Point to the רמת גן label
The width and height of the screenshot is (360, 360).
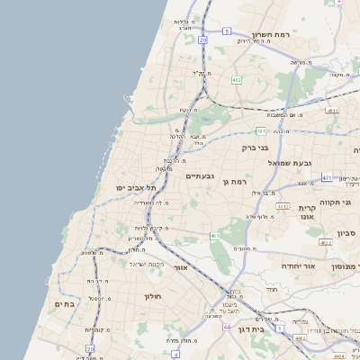pyautogui.click(x=234, y=182)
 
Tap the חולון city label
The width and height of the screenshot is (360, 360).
pyautogui.click(x=150, y=295)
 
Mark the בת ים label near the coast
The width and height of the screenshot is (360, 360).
pyautogui.click(x=63, y=304)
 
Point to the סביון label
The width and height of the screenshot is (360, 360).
pyautogui.click(x=347, y=234)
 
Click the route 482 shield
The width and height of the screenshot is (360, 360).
pyautogui.click(x=236, y=80)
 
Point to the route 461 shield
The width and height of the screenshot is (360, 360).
pyautogui.click(x=215, y=236)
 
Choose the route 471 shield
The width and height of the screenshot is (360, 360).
pyautogui.click(x=326, y=177)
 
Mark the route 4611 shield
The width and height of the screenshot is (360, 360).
pyautogui.click(x=332, y=111)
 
